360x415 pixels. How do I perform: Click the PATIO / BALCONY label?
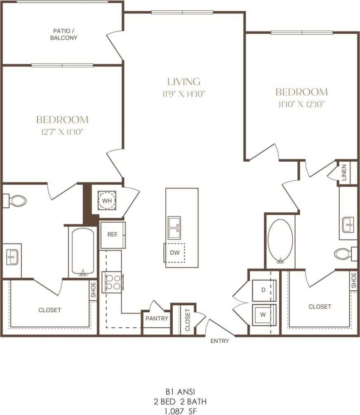click(x=65, y=34)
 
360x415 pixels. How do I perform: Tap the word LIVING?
click(x=184, y=82)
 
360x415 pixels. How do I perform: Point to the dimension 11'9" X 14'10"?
click(x=184, y=94)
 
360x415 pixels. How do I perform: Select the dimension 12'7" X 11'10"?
click(x=62, y=132)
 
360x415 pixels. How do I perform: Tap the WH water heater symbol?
click(x=107, y=200)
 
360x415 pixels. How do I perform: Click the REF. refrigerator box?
click(x=113, y=235)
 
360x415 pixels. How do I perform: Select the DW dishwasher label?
click(x=175, y=253)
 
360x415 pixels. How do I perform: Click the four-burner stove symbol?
click(x=113, y=282)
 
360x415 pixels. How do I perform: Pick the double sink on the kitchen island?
click(x=174, y=228)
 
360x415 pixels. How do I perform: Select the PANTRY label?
click(x=157, y=318)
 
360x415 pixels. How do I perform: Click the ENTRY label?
click(x=219, y=341)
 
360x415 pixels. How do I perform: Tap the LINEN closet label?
click(x=344, y=173)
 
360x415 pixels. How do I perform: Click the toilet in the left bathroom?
click(x=16, y=201)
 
